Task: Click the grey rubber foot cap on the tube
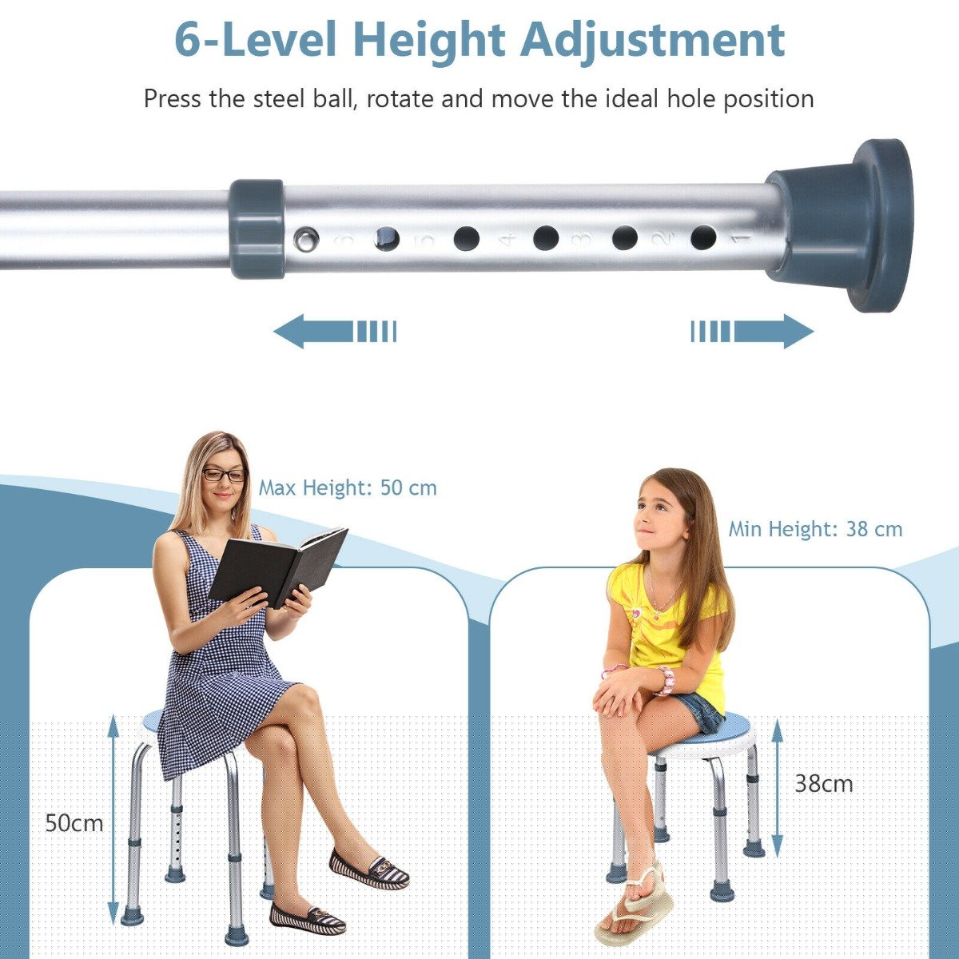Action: click(847, 225)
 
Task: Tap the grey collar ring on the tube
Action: click(257, 229)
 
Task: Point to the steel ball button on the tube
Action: click(304, 237)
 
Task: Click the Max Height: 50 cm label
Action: click(348, 487)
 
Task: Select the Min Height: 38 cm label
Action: click(815, 529)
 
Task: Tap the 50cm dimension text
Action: click(74, 823)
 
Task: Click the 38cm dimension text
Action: click(823, 784)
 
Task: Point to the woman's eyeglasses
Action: click(224, 475)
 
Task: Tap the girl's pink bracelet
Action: click(665, 680)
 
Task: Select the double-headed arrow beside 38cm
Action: click(778, 787)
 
